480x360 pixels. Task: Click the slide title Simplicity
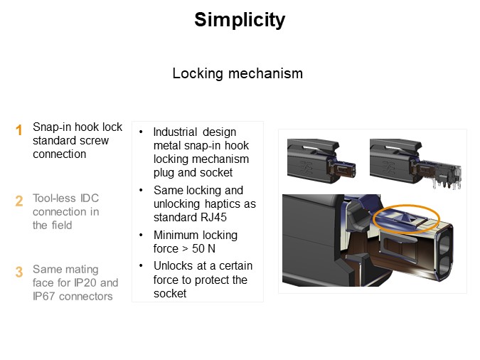[x=240, y=20]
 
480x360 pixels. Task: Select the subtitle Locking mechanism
[x=238, y=73]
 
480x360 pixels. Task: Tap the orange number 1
[x=19, y=130]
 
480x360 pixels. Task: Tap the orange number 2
[x=19, y=201]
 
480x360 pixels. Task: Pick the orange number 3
[x=19, y=272]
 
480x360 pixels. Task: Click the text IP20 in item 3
[x=85, y=282]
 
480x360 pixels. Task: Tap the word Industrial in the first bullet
[x=175, y=132]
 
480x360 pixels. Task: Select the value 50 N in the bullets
[x=203, y=248]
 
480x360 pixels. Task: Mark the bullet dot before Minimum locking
[x=141, y=235]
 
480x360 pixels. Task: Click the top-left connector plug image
[x=321, y=161]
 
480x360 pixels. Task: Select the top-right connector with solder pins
[x=415, y=163]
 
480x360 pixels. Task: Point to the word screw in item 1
[x=95, y=141]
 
